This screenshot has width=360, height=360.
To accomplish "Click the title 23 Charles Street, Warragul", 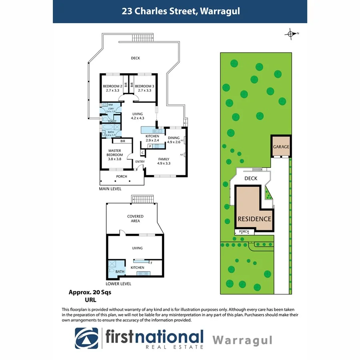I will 181,11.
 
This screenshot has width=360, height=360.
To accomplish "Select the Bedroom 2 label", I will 112,88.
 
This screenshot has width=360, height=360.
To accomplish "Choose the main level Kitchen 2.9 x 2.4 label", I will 152,138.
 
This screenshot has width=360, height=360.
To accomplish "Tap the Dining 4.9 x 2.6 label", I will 174,140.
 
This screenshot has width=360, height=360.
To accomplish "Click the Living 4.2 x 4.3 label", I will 137,116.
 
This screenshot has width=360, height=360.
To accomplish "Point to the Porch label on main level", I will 121,176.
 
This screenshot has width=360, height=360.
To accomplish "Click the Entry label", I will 140,162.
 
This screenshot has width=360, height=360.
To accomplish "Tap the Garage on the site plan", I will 281,147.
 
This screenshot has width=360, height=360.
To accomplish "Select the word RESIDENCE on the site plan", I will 254,219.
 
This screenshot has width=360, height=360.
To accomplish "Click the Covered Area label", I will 135,219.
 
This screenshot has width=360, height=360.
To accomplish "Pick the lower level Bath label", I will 120,272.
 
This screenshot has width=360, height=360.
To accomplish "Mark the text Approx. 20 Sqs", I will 90,292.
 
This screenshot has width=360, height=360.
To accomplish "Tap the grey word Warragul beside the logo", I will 242,340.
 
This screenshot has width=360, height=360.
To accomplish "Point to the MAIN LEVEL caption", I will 110,189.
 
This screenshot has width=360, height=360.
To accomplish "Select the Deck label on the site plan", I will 251,178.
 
